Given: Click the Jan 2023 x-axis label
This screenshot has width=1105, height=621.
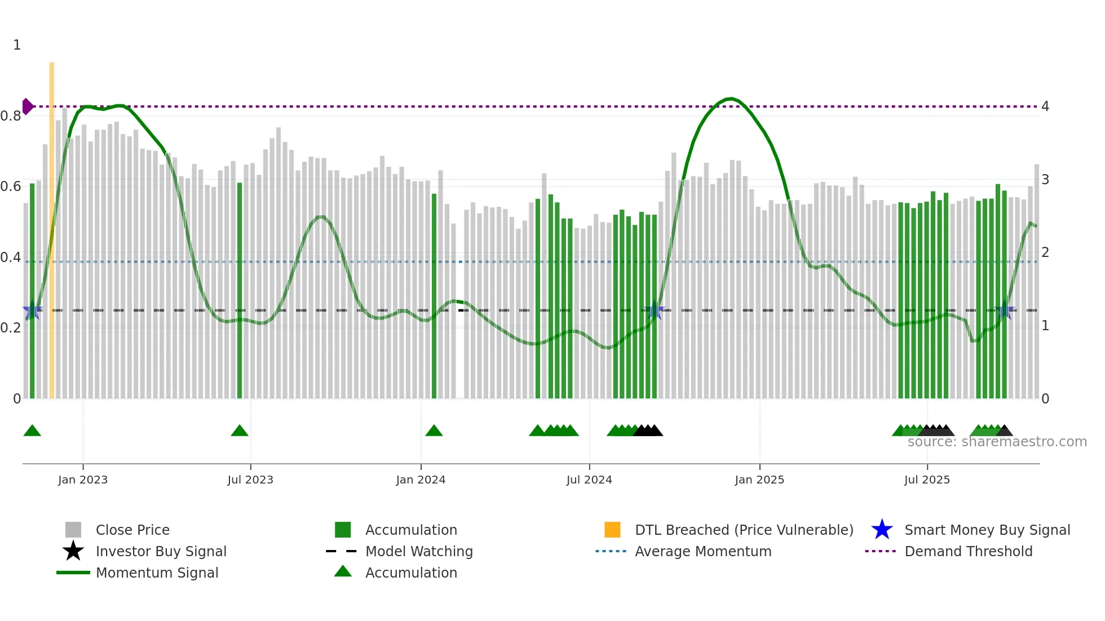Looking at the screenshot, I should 83,480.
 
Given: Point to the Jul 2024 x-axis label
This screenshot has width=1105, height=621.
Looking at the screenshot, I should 589,480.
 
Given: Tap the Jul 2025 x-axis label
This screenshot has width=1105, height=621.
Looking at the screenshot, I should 927,480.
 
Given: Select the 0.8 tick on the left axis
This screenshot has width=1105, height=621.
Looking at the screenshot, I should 11,116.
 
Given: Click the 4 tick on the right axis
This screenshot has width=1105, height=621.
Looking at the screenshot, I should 1045,107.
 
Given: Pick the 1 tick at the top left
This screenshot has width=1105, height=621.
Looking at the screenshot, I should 17,45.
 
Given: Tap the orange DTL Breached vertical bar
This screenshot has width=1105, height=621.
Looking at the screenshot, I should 52,225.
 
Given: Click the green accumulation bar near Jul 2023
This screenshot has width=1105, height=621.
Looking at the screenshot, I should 240,290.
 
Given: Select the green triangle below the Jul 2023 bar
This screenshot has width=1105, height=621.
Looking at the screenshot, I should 240,431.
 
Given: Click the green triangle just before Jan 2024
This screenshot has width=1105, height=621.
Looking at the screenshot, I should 434,431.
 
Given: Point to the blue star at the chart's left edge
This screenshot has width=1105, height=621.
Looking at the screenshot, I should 32,311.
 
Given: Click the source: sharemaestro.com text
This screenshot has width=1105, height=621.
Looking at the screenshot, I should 997,442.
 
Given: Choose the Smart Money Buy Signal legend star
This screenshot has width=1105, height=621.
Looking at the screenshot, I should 882,530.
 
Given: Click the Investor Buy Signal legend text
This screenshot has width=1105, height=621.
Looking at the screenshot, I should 161,551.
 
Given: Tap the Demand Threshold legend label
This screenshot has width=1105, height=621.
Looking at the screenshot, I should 968,551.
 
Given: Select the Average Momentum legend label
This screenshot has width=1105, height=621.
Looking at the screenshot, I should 703,551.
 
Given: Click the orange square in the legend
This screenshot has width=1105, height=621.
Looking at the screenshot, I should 612,530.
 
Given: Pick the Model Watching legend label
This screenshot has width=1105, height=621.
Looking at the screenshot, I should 419,551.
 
